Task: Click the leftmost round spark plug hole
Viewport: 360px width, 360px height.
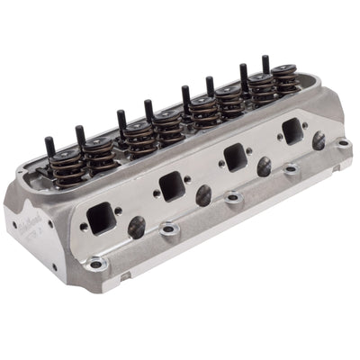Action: tap(136, 228)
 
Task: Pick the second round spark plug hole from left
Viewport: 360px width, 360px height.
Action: tap(204, 195)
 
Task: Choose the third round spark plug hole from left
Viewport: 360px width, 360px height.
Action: tap(264, 167)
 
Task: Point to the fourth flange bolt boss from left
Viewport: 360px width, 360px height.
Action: tap(290, 168)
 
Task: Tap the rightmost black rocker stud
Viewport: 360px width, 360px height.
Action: tap(265, 63)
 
